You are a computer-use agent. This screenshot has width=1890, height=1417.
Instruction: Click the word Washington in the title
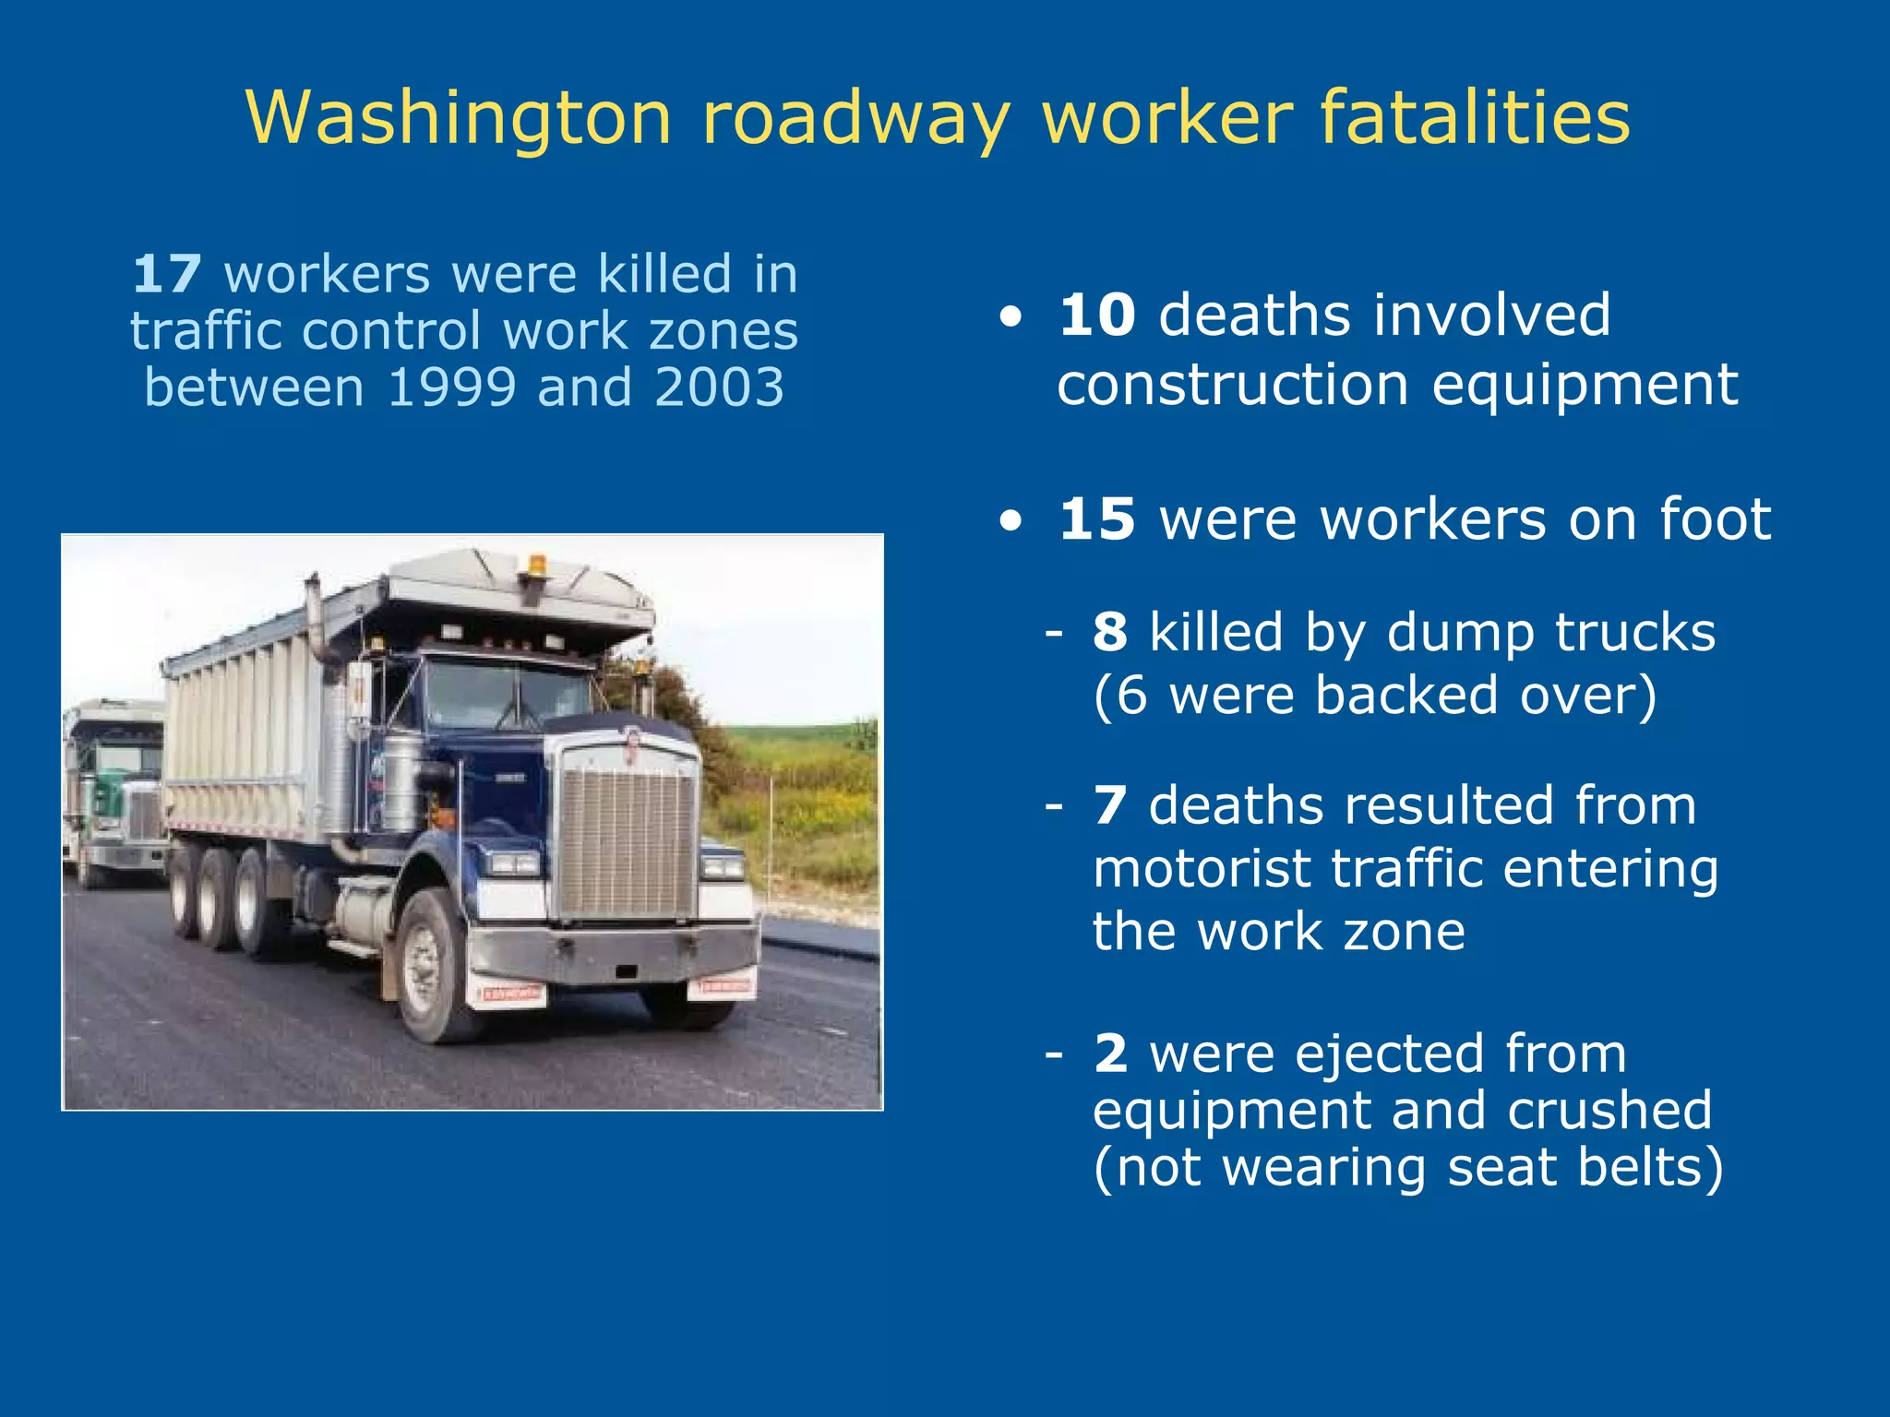pos(459,118)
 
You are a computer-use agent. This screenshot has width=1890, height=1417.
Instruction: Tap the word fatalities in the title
pos(1475,118)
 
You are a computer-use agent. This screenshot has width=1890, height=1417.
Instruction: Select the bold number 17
pos(167,275)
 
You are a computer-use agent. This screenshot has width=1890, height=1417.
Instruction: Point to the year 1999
pos(451,387)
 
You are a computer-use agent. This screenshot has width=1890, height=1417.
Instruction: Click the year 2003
pos(719,387)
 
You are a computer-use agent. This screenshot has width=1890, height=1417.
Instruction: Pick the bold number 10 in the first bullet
pos(1096,316)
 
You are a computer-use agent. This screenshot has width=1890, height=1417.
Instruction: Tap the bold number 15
pos(1096,519)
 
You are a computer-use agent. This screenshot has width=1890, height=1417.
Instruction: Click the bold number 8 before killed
pos(1110,633)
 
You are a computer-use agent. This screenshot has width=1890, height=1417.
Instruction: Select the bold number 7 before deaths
pos(1110,806)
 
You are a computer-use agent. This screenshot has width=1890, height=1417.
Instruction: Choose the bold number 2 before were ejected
pos(1110,1054)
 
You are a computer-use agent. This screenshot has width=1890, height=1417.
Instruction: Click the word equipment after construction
pos(1585,386)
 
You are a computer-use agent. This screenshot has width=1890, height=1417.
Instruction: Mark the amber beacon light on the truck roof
pos(536,565)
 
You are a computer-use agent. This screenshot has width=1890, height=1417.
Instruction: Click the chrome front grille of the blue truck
pos(627,839)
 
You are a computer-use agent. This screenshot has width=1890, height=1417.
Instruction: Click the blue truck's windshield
pos(507,695)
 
